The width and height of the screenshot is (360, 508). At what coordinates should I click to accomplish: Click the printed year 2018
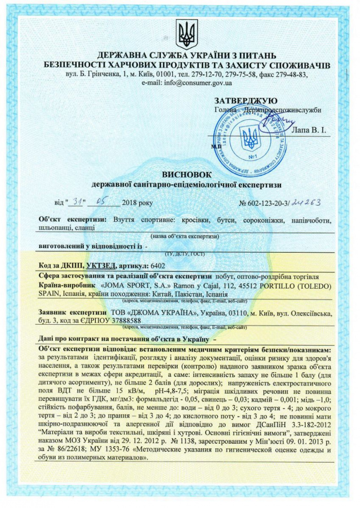[131, 202]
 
